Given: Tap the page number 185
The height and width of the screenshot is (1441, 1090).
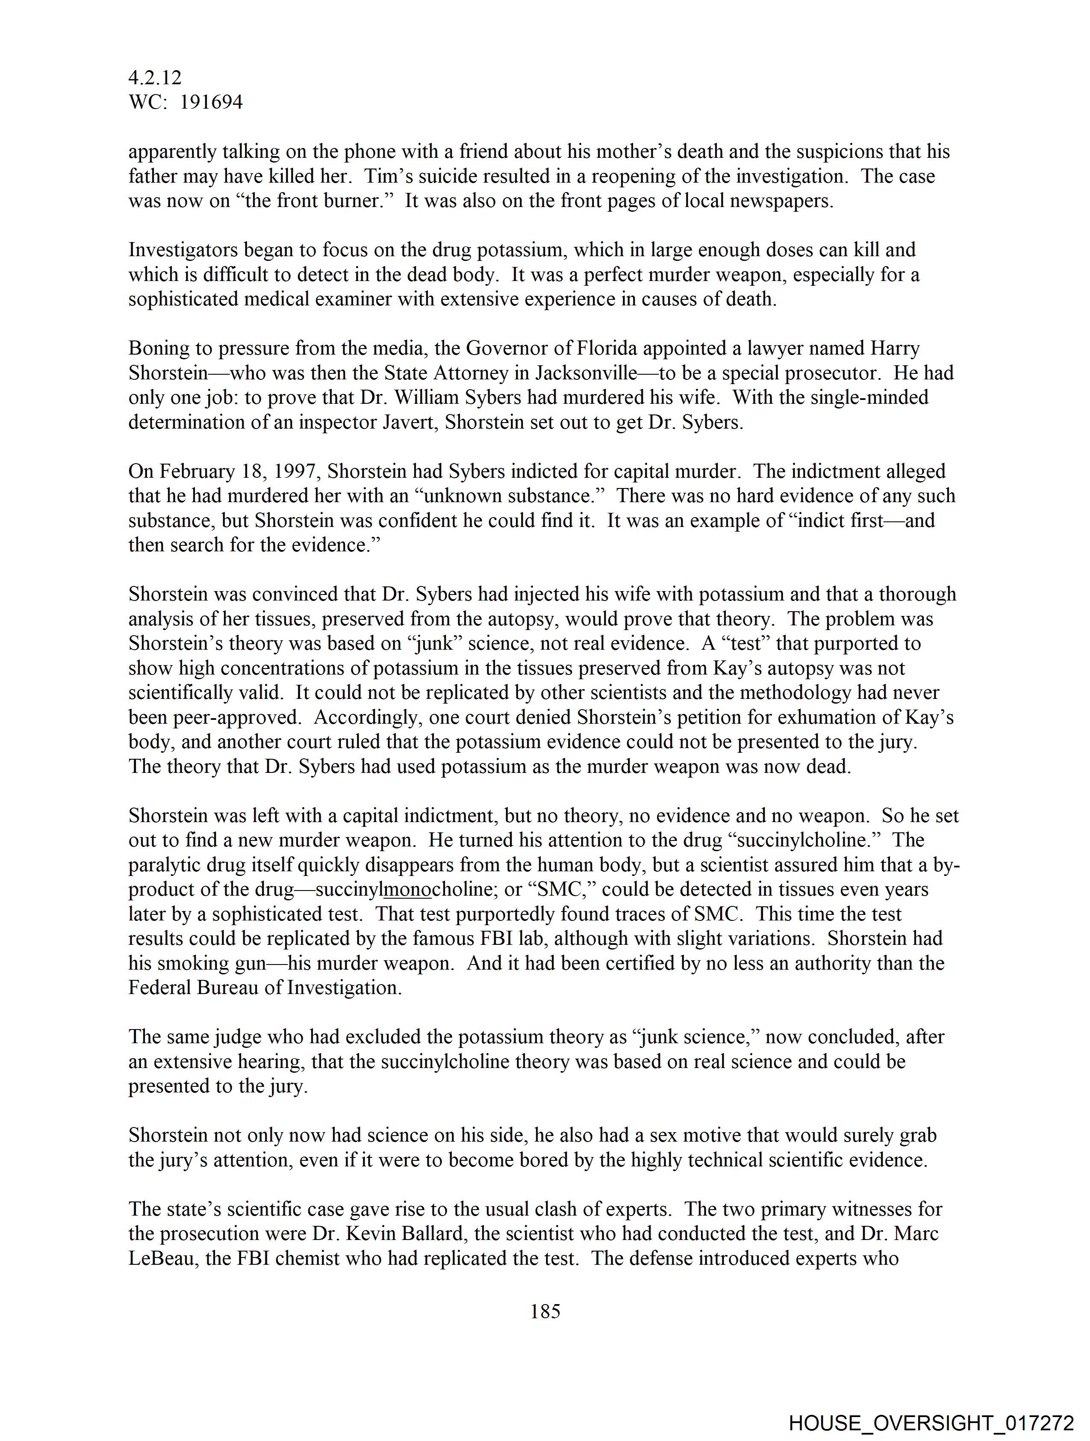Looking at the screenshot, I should click(x=545, y=1311).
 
